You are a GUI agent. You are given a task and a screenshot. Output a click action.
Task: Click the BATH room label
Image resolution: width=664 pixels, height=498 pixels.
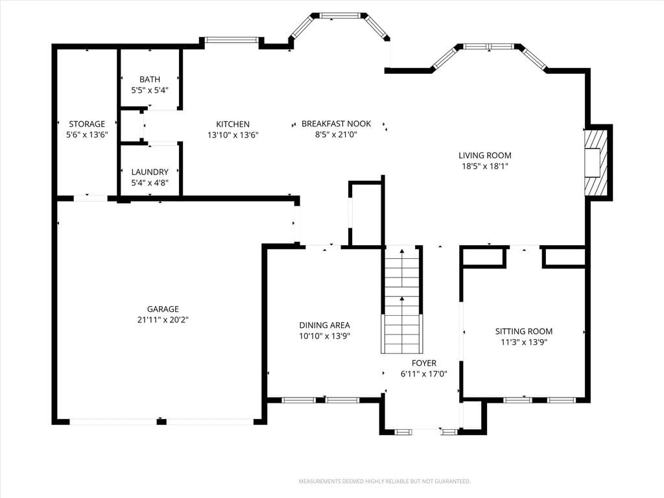pos(150,79)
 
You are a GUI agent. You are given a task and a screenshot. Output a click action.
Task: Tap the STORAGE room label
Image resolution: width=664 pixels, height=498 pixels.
pos(87,124)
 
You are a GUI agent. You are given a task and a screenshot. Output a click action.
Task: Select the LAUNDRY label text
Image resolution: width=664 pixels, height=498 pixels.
pos(150,172)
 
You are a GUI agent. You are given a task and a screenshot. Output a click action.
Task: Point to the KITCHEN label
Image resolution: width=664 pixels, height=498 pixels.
pos(233,124)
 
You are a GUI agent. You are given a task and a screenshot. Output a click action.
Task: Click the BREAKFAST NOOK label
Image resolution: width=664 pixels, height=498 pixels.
pos(337,124)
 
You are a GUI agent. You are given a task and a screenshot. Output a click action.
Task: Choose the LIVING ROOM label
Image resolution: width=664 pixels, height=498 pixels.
pos(485,156)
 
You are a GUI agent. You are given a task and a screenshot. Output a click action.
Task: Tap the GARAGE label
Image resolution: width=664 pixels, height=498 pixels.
pos(163,309)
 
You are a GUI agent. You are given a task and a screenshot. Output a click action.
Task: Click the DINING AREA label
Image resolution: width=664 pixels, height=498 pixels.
pos(325,326)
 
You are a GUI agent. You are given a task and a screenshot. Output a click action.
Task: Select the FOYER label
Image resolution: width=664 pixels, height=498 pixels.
pos(424,363)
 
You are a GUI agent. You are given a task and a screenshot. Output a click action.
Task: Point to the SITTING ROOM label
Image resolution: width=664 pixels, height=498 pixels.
pos(524,331)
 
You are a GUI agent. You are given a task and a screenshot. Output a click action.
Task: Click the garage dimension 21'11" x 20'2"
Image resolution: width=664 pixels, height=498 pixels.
pos(163,320)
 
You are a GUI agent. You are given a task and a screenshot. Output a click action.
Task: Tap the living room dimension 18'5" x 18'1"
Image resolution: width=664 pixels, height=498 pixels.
pos(485,167)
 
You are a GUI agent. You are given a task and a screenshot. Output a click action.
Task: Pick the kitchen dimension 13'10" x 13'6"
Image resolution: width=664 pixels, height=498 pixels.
pos(233,135)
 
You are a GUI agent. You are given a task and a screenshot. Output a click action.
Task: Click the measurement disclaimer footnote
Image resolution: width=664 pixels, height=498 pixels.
pos(385,482)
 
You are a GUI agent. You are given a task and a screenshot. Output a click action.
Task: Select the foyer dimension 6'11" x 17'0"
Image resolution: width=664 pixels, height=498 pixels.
pos(424,374)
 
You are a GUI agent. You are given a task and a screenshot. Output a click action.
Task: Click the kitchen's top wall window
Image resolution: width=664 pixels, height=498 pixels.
pos(231,40)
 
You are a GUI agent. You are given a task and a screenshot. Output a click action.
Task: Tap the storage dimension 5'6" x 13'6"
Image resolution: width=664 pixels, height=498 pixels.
pos(87,135)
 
